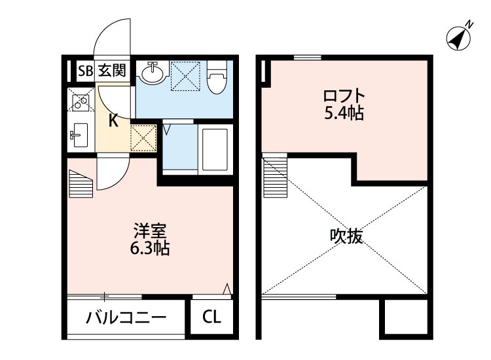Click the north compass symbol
coord(459,37)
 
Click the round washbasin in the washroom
coord(153,73)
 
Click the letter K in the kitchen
coord(113,120)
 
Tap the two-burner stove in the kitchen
coord(81,101)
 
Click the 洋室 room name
coord(151,231)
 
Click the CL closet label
coord(211,319)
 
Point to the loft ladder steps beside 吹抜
coord(271,176)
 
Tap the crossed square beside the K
coord(143,137)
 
